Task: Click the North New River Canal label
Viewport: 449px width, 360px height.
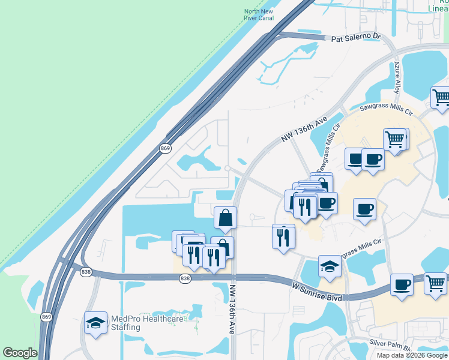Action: point(259,14)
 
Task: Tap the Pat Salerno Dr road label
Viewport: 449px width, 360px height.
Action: point(357,37)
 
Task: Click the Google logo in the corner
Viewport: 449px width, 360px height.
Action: point(20,353)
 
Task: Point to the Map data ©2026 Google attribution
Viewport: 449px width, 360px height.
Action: point(411,355)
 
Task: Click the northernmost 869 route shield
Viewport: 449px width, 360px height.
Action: point(165,148)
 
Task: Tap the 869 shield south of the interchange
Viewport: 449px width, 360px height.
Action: point(46,316)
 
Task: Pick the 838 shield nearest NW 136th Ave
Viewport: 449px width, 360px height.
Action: point(185,278)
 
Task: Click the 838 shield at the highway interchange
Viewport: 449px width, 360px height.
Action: point(85,272)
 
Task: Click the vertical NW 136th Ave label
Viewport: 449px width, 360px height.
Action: point(232,309)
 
